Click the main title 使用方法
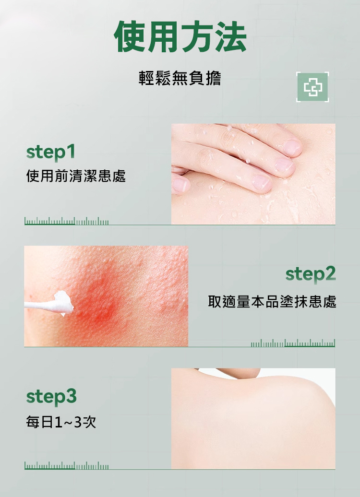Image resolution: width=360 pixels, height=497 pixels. (180, 36)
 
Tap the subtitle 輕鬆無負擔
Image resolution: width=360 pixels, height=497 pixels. (180, 78)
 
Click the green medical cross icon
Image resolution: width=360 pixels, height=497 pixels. (312, 87)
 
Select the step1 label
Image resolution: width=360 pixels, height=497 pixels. (51, 152)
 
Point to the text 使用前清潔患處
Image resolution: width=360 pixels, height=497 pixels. (76, 176)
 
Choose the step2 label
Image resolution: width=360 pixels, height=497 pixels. (311, 274)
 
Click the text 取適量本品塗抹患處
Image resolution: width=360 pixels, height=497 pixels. (272, 301)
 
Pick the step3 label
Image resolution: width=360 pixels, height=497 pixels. (51, 397)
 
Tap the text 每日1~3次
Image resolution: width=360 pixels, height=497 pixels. (61, 422)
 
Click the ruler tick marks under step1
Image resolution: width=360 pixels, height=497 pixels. (67, 221)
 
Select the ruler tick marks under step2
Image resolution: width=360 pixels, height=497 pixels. (293, 343)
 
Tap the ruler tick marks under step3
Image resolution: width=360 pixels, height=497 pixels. (67, 466)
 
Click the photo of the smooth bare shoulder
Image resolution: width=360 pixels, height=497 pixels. (253, 418)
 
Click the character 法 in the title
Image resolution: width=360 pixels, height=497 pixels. (231, 36)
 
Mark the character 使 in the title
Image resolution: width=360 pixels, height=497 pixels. (130, 36)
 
